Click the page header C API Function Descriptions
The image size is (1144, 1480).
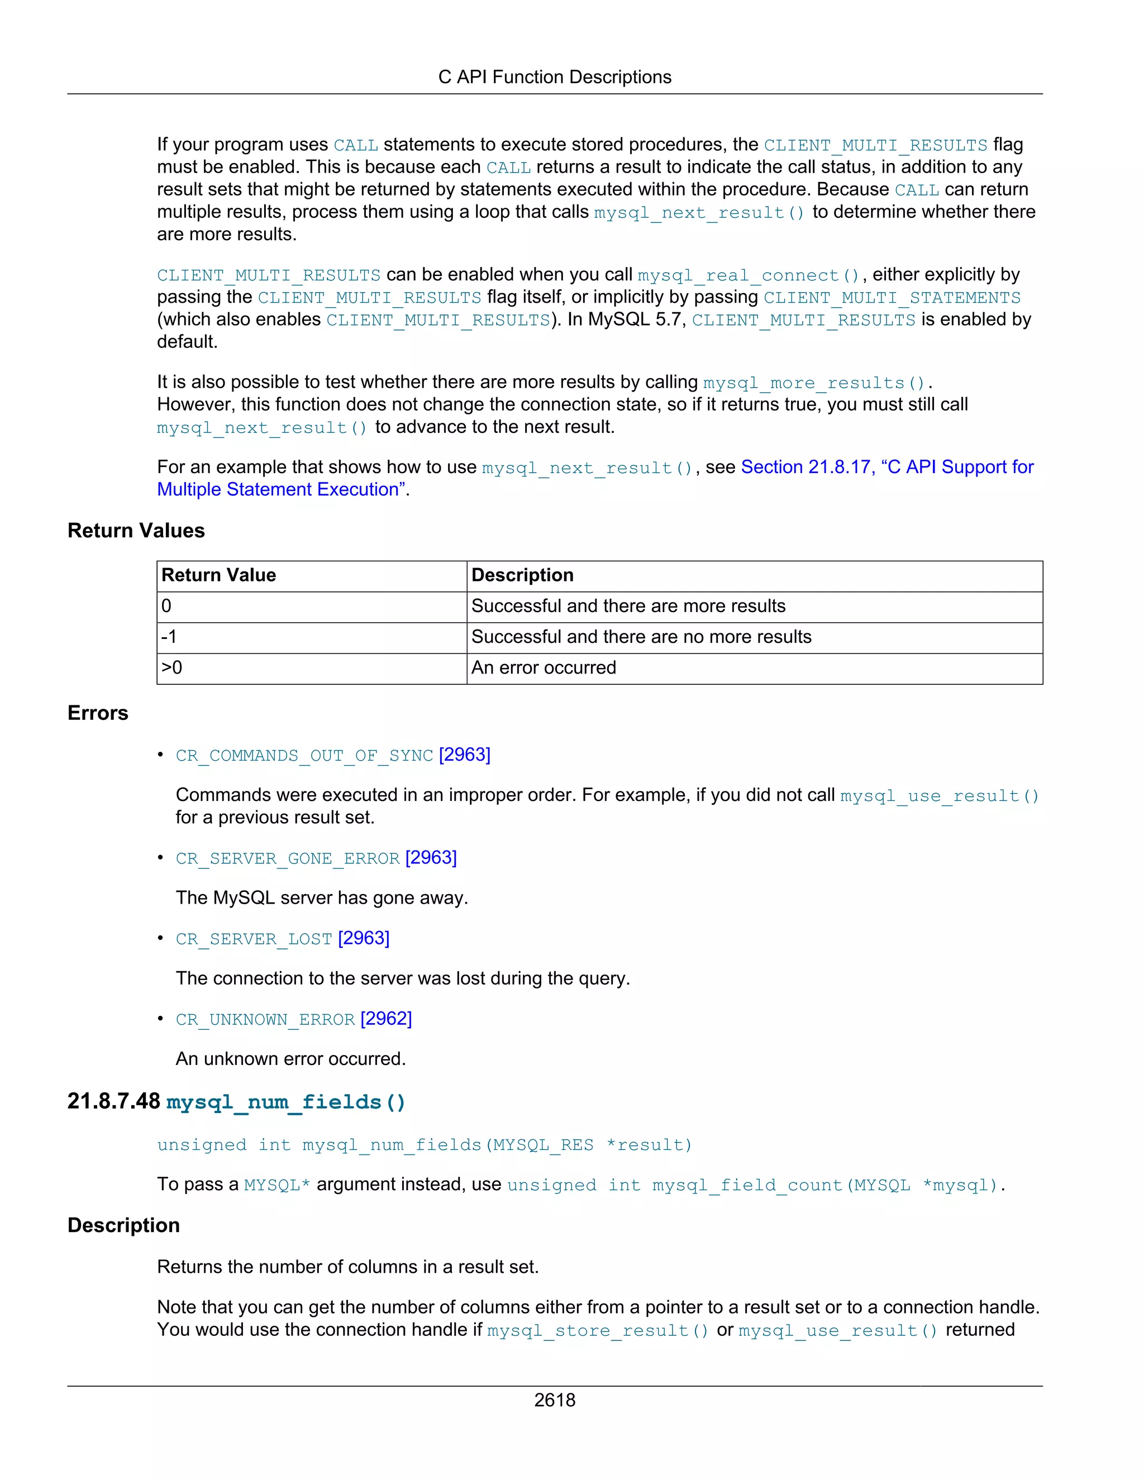(554, 77)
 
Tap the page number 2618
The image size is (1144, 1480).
(554, 1400)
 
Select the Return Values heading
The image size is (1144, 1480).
(136, 531)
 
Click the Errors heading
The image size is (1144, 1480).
(98, 713)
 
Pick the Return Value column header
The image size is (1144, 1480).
(218, 575)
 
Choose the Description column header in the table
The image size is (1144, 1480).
(522, 575)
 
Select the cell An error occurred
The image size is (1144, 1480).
(544, 668)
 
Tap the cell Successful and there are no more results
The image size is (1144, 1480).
(641, 637)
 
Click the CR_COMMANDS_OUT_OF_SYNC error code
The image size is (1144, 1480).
(304, 756)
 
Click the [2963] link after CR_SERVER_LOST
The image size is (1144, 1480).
(364, 939)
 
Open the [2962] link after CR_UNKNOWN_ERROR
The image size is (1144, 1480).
(387, 1019)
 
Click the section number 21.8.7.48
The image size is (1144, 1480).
(114, 1101)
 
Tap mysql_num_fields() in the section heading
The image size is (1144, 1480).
(286, 1102)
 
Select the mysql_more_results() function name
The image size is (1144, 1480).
(814, 384)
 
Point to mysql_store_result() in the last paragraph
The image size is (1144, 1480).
(598, 1331)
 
